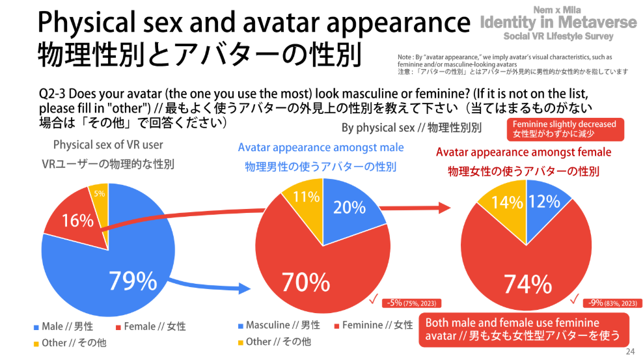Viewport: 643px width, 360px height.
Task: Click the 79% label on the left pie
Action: (133, 281)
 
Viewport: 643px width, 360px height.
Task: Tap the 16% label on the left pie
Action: (77, 221)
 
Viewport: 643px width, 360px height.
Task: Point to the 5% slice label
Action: (100, 193)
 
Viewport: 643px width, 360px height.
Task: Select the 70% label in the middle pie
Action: (306, 282)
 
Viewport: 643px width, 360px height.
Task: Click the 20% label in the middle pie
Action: (349, 207)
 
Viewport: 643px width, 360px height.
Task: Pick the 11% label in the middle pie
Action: (305, 196)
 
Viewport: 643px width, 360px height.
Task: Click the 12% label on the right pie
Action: (545, 202)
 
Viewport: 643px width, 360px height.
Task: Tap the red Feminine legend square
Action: (336, 325)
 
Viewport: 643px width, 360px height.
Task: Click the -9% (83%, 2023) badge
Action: (616, 303)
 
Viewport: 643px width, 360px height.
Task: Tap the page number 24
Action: (629, 352)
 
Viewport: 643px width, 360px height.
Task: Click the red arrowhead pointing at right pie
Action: (445, 208)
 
